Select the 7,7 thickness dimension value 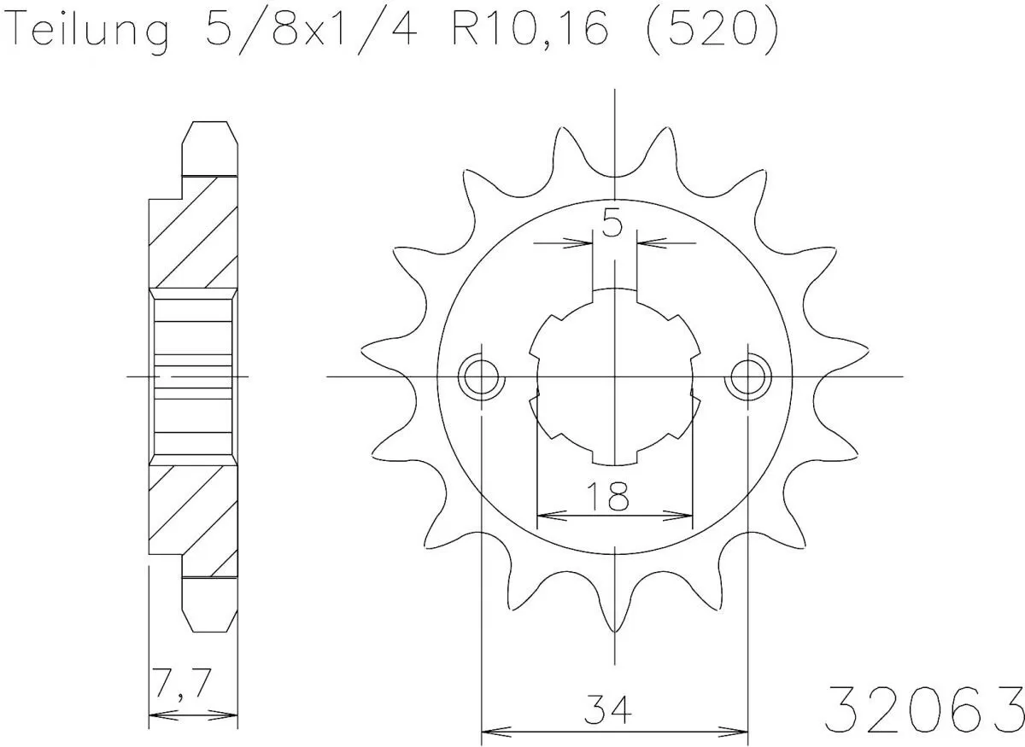pyautogui.click(x=179, y=684)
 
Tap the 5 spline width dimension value pyautogui.click(x=612, y=225)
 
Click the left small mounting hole pyautogui.click(x=481, y=376)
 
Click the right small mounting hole pyautogui.click(x=747, y=376)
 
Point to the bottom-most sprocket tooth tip pyautogui.click(x=614, y=630)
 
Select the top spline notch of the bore pyautogui.click(x=614, y=295)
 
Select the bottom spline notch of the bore pyautogui.click(x=614, y=458)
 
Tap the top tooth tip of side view pyautogui.click(x=209, y=126)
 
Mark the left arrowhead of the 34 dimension pyautogui.click(x=488, y=731)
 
